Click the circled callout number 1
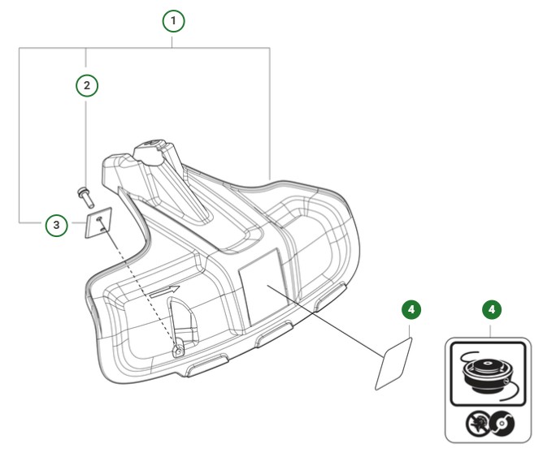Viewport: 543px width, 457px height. [x=173, y=20]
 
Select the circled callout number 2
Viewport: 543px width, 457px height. [x=87, y=84]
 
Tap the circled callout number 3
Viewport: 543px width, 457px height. [x=55, y=225]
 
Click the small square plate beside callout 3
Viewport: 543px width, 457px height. [x=98, y=224]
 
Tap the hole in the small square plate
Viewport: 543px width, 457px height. [x=99, y=219]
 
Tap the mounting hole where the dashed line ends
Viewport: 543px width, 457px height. [x=178, y=350]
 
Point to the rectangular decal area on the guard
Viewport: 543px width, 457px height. [x=262, y=289]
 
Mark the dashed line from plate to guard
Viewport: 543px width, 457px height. [x=138, y=284]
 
